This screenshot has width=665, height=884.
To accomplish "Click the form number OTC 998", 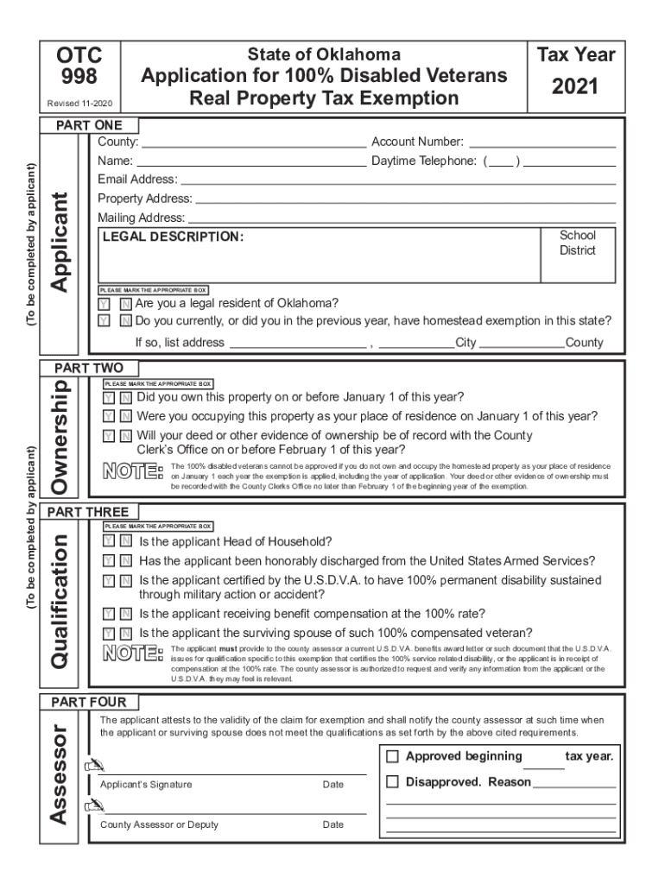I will pyautogui.click(x=79, y=66).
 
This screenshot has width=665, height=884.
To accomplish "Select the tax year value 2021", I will pyautogui.click(x=576, y=87).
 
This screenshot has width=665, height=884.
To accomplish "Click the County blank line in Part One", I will pyautogui.click(x=254, y=142).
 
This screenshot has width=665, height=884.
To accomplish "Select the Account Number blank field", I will pyautogui.click(x=541, y=142).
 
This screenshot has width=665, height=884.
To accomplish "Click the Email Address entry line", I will pyautogui.click(x=397, y=180).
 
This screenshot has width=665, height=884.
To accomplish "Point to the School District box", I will pyautogui.click(x=577, y=243).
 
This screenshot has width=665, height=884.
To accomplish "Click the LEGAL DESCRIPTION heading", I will pyautogui.click(x=173, y=237).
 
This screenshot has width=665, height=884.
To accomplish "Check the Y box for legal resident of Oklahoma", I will pyautogui.click(x=104, y=304).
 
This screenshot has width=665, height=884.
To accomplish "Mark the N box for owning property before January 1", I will pyautogui.click(x=125, y=398).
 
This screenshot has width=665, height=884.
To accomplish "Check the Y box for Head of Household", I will pyautogui.click(x=108, y=542).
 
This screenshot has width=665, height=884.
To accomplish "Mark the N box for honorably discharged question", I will pyautogui.click(x=126, y=561).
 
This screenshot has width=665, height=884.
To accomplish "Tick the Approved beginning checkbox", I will pyautogui.click(x=392, y=757).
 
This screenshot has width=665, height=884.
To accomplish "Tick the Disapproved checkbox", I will pyautogui.click(x=392, y=782).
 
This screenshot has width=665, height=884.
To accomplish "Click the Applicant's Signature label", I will pyautogui.click(x=146, y=785).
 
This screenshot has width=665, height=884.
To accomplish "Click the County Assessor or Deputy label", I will pyautogui.click(x=159, y=824).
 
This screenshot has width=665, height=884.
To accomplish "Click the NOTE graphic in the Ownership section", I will pyautogui.click(x=132, y=472).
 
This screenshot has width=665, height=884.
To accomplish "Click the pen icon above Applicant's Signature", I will pyautogui.click(x=92, y=766).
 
